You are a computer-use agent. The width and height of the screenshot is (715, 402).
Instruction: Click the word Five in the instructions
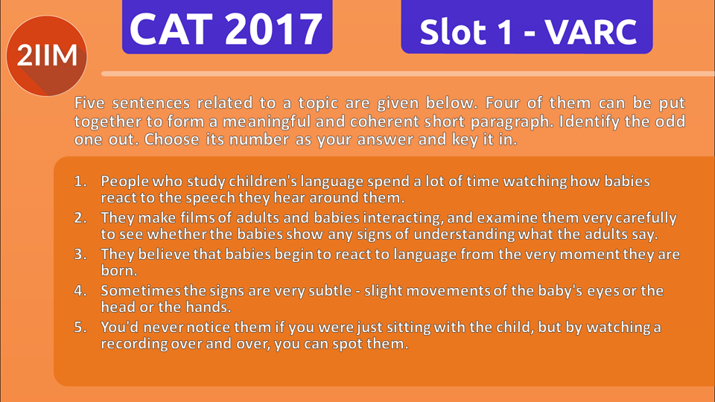(x=92, y=103)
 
